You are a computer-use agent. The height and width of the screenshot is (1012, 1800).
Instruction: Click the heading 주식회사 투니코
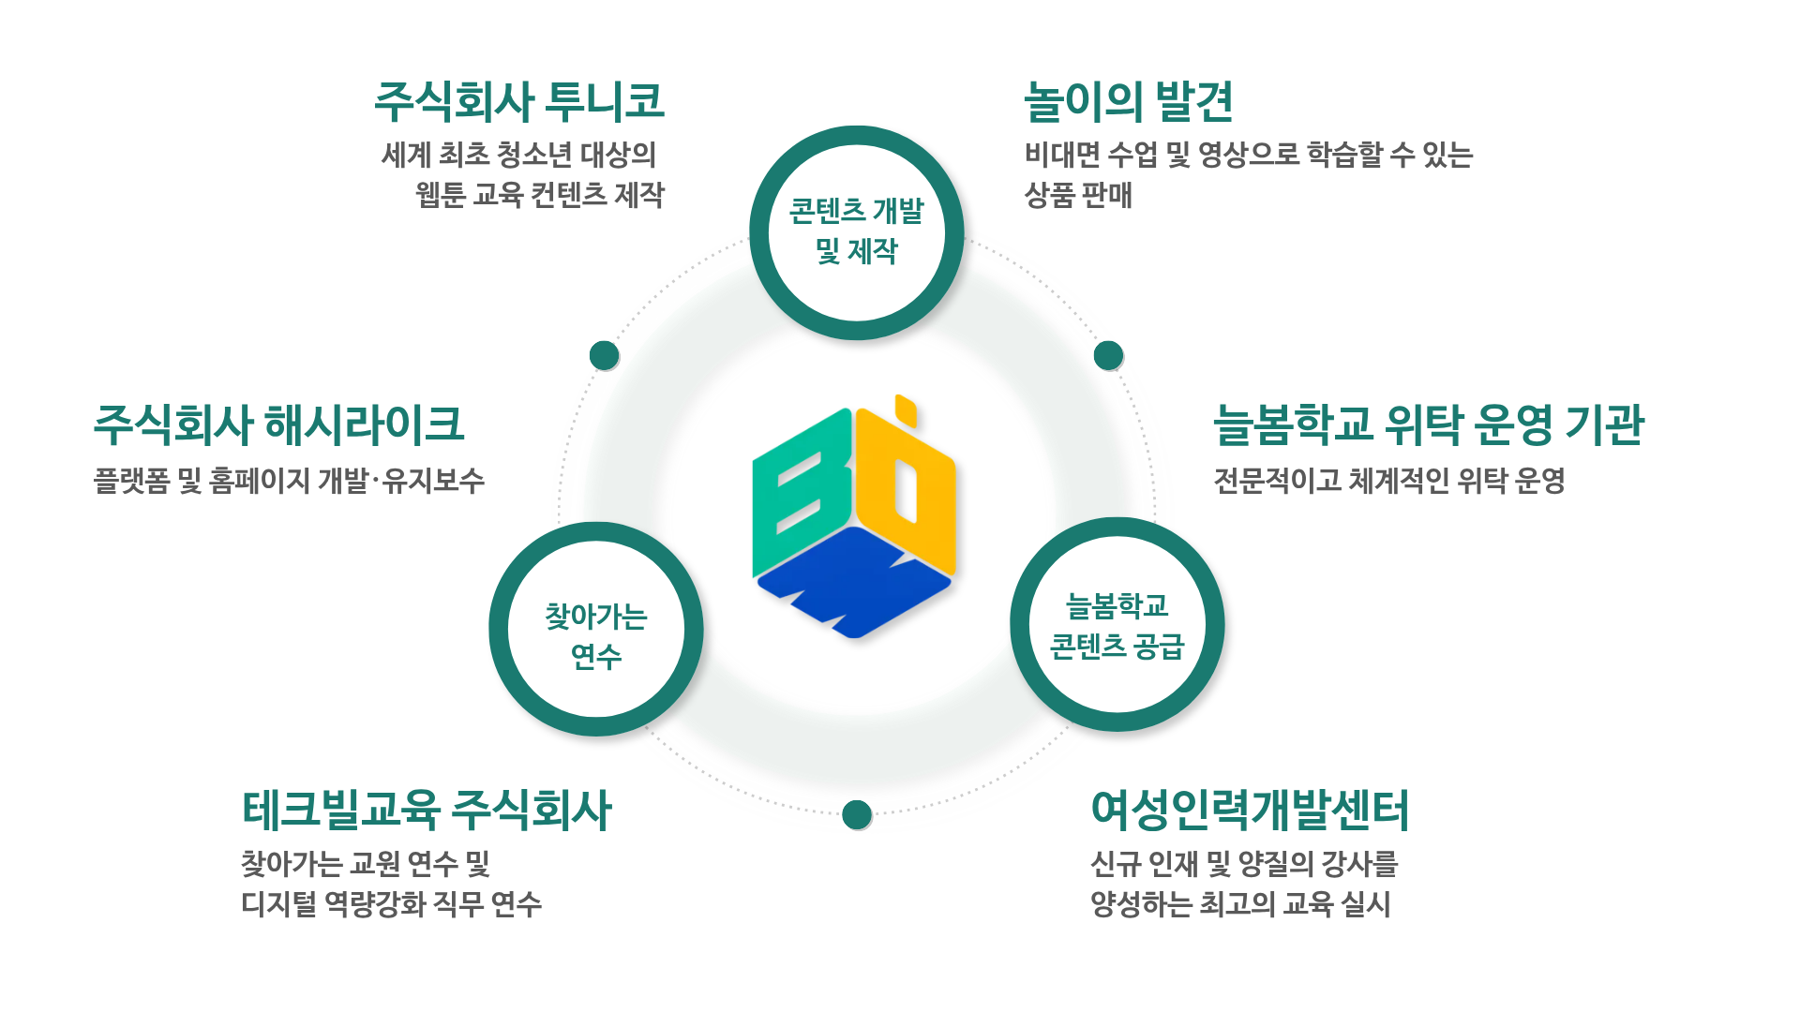click(x=519, y=101)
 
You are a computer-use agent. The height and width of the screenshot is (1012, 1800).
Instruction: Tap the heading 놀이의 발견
click(x=1128, y=101)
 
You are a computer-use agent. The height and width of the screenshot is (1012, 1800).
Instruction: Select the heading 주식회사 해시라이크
click(x=278, y=424)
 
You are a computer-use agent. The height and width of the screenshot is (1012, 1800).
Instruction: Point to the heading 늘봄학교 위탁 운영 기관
click(x=1428, y=424)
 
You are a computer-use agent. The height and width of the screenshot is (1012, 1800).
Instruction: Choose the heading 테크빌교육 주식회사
click(x=427, y=810)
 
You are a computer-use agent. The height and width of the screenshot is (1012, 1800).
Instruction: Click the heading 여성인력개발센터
click(x=1250, y=810)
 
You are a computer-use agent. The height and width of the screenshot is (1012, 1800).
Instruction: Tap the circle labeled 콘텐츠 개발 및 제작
click(x=857, y=232)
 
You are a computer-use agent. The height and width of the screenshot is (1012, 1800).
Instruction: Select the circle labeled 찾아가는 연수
click(x=596, y=630)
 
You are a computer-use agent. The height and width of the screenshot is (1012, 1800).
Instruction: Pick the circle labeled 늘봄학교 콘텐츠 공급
click(x=1117, y=625)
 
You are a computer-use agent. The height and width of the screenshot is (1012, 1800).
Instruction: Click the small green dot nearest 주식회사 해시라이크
click(x=605, y=355)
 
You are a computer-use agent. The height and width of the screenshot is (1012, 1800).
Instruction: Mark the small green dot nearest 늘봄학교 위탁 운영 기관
click(x=1108, y=355)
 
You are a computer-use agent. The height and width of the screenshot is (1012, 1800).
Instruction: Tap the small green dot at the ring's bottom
click(x=857, y=814)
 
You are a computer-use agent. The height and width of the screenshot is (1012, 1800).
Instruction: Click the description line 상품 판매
click(x=1078, y=195)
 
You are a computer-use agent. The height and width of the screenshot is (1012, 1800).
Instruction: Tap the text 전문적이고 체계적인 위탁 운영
click(x=1389, y=481)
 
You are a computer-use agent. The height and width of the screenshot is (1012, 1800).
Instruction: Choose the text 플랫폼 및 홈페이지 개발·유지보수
click(x=289, y=481)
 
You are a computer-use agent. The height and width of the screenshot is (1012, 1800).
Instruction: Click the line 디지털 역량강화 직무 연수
click(x=391, y=904)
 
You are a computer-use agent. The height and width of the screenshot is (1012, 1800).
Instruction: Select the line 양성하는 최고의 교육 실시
click(x=1239, y=904)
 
